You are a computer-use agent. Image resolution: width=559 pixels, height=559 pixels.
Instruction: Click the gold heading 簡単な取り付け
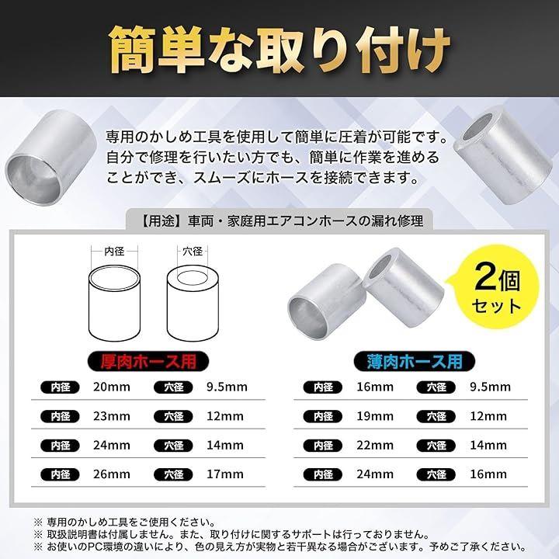coord(279,49)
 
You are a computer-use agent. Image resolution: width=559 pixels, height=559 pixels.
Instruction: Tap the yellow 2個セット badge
coord(497,290)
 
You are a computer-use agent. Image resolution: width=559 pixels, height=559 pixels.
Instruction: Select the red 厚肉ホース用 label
coord(148,361)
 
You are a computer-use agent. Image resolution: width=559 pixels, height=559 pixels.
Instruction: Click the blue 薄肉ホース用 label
coord(415,361)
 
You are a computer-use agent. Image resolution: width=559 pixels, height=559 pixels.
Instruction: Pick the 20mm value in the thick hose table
coord(112,387)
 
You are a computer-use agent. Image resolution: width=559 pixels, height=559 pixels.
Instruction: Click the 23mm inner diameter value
coord(112,416)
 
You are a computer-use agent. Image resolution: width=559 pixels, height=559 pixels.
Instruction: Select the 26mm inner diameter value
coord(112,474)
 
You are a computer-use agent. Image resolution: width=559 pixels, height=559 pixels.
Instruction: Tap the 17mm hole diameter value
coord(225,474)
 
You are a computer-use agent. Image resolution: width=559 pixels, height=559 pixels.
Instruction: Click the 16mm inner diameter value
coord(375,387)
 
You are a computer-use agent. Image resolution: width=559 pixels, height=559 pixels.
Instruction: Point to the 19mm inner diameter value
coord(375,416)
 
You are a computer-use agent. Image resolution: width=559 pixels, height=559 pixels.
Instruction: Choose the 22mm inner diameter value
coord(375,446)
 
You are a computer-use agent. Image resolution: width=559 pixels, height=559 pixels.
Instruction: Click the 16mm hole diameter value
coord(488,474)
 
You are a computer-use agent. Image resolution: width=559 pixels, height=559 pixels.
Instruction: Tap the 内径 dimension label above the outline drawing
coord(114,252)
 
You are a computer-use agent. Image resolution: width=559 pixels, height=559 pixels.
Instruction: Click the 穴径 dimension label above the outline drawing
coord(193,252)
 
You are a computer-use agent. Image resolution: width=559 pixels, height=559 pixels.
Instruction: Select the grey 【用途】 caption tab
coord(279,220)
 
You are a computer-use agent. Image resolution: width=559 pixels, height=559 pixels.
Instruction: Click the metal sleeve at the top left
coord(51,157)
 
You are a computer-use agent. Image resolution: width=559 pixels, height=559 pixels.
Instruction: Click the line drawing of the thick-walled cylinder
coord(193,303)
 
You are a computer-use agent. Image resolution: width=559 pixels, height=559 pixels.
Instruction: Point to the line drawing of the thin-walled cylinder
coord(114,303)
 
